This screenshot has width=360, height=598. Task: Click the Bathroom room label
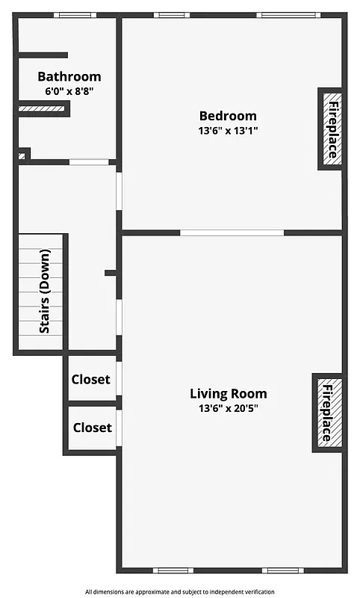coord(69,76)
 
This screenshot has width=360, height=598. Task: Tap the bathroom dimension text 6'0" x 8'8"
coord(69,91)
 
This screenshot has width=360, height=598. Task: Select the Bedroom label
coord(227,116)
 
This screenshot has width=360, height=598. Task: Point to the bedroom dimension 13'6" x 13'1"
coord(227,130)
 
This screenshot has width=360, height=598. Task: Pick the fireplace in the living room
coord(328,412)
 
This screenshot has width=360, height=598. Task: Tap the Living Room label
coord(228,394)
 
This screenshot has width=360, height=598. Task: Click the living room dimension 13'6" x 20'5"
coord(228,408)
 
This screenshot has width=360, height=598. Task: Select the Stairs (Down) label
coord(45,292)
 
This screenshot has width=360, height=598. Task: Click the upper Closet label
coord(90,380)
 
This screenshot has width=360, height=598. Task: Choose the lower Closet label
coord(92,428)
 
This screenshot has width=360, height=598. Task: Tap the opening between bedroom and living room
coord(232,232)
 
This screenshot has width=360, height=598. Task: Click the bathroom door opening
coord(89,161)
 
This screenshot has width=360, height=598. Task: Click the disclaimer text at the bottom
coord(180,591)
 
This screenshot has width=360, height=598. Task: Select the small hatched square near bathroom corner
coord(22,156)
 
